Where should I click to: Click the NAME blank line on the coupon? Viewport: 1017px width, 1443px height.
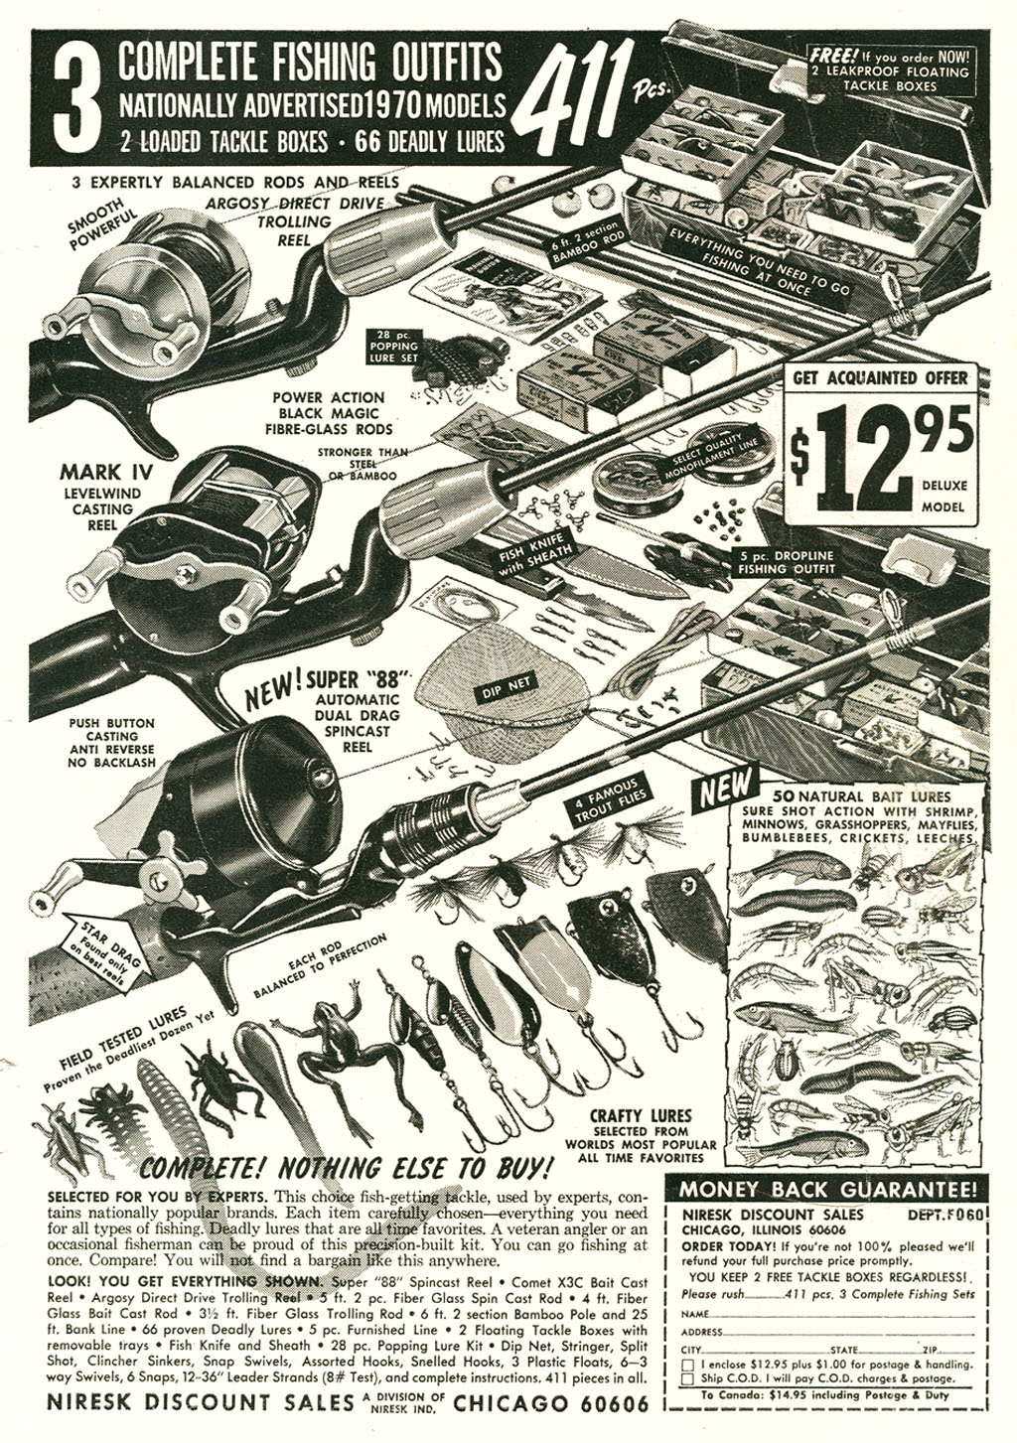click(844, 1314)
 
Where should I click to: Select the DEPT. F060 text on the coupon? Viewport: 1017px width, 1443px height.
click(943, 1214)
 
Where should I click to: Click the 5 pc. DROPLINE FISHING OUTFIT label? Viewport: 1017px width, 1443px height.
click(786, 562)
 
